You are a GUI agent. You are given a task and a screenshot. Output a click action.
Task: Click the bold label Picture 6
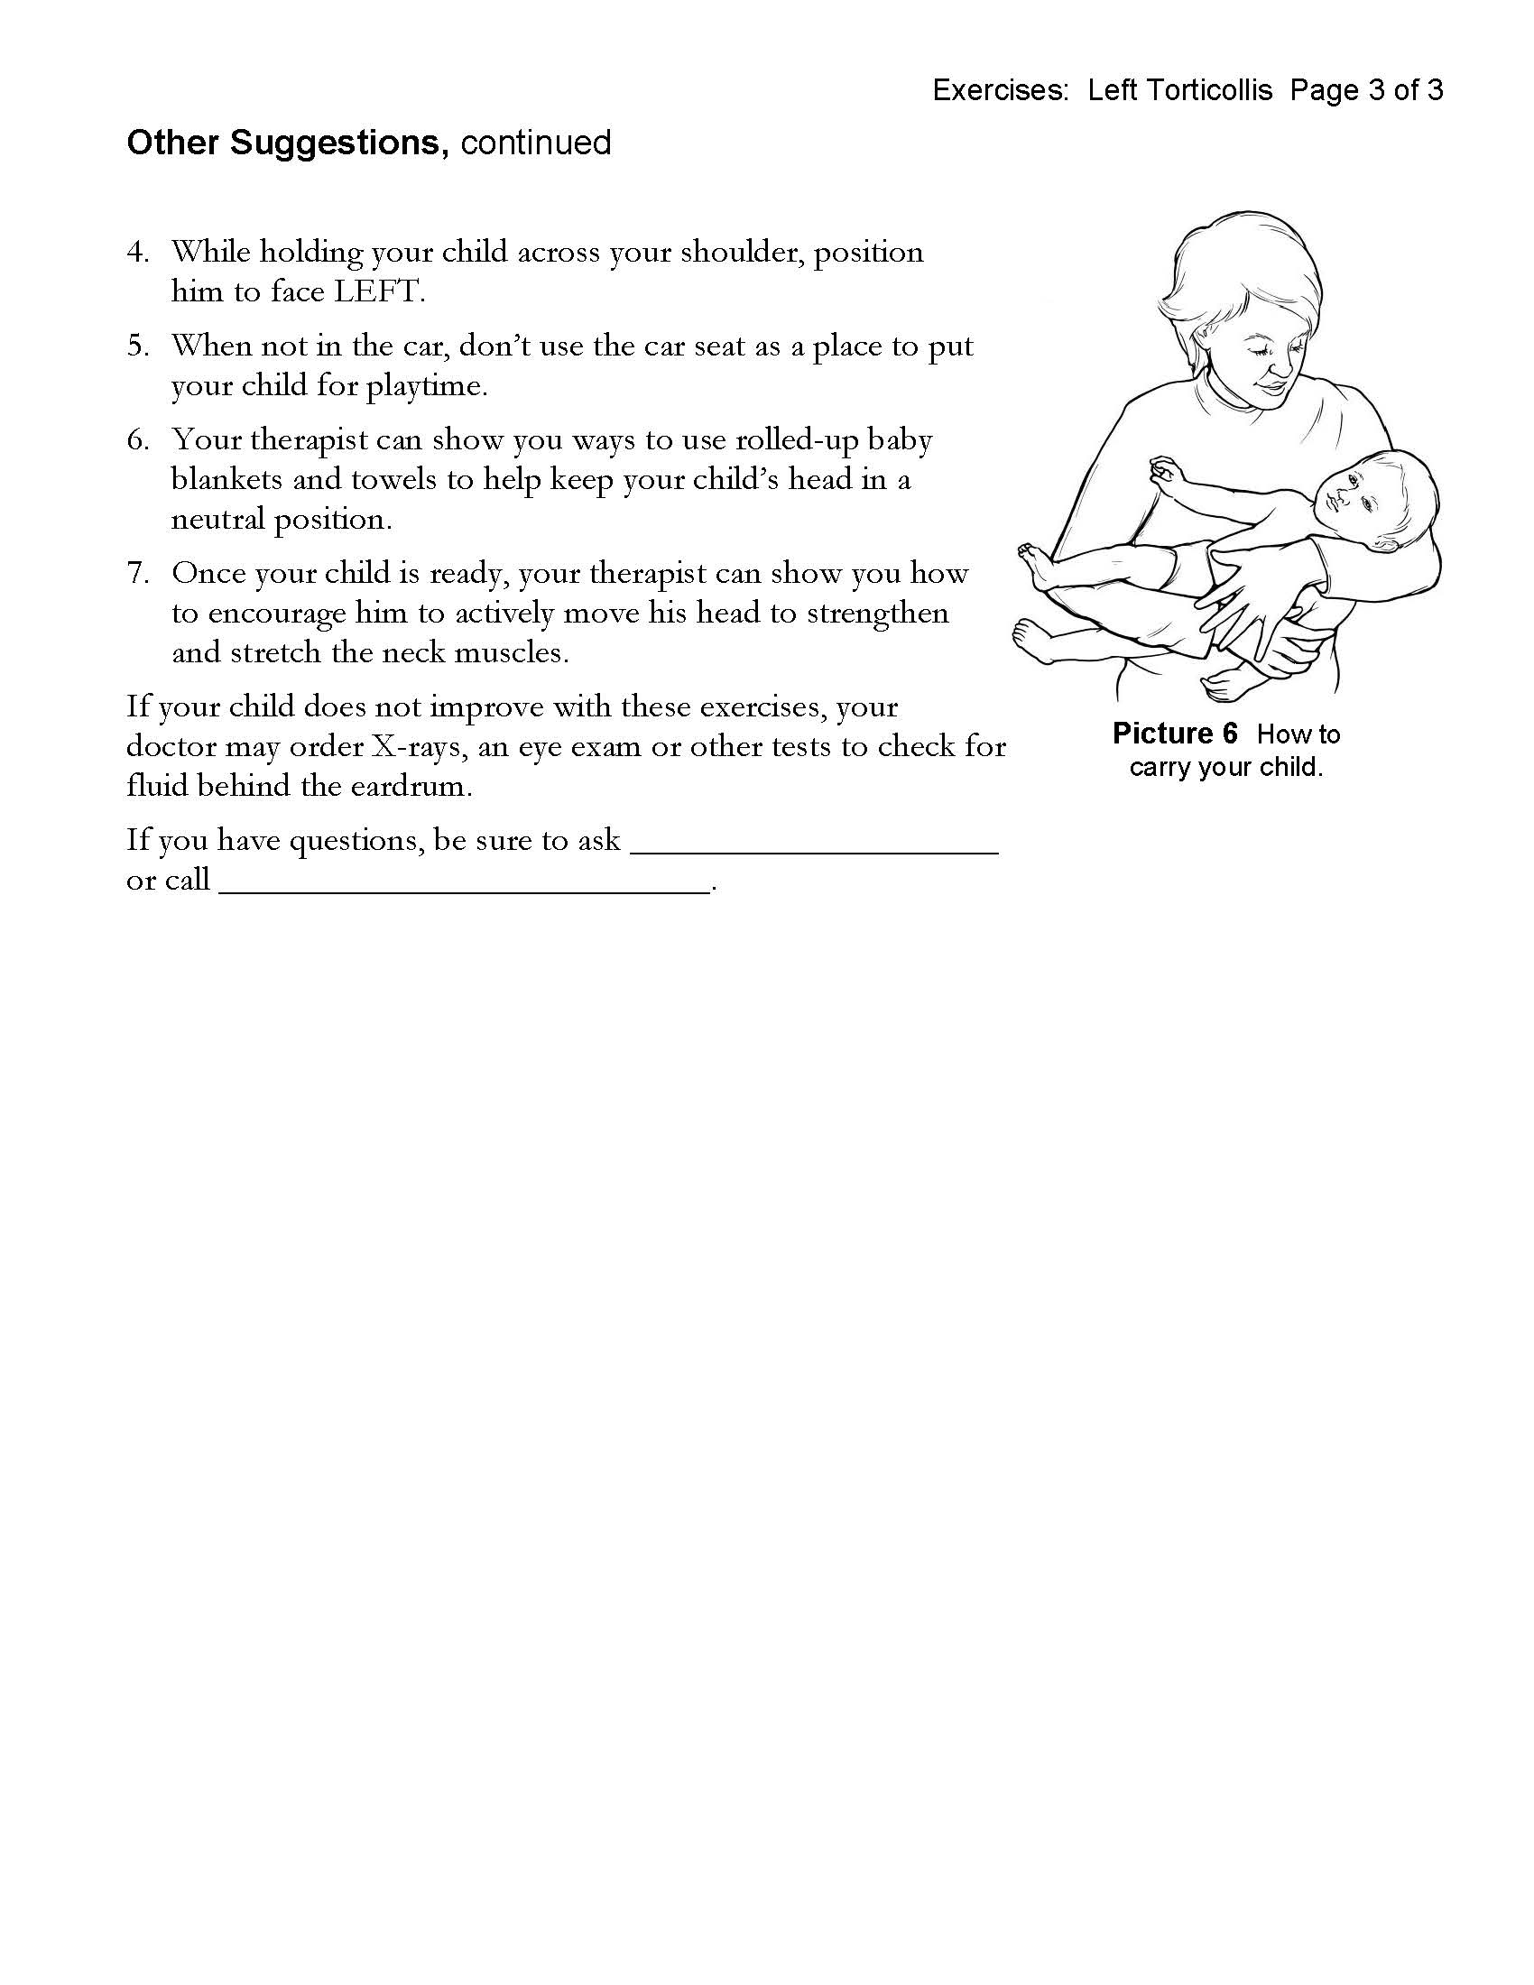click(x=1174, y=734)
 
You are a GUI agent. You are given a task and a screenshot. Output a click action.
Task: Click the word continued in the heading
click(x=535, y=143)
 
